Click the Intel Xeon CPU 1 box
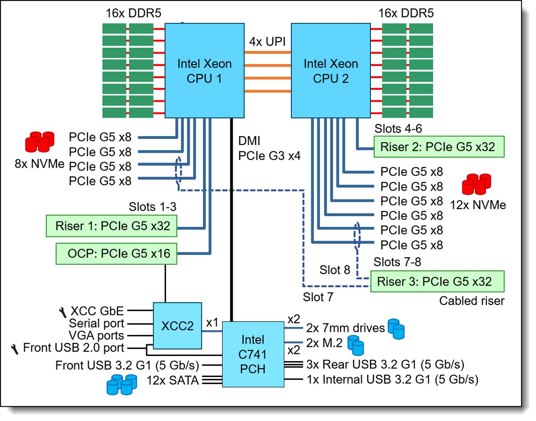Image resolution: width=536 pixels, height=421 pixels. tap(204, 71)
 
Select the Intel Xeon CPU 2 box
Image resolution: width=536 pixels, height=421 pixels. tap(331, 71)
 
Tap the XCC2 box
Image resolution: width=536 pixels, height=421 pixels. tap(177, 326)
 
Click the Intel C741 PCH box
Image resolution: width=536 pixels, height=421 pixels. tap(253, 354)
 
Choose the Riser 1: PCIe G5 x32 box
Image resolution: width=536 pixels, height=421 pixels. tap(112, 226)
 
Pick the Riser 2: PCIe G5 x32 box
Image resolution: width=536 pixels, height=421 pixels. tap(439, 147)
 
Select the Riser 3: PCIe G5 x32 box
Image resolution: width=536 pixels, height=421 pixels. tap(437, 281)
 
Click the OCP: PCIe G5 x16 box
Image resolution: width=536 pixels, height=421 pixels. tap(116, 254)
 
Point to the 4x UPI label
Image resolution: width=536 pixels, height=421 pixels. tap(267, 42)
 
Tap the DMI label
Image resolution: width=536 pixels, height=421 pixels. tap(249, 141)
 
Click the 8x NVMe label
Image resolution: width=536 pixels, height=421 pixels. tap(39, 164)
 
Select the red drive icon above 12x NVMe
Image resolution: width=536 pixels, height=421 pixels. tap(476, 184)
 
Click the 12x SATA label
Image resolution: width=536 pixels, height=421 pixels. tap(173, 380)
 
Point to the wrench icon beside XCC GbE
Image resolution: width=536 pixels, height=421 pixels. tap(63, 312)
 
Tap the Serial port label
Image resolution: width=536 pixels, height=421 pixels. tap(97, 323)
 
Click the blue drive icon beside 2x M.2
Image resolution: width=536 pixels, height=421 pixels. tap(355, 345)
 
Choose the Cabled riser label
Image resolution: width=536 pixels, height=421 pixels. tap(472, 301)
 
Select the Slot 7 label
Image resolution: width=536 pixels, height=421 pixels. tap(318, 297)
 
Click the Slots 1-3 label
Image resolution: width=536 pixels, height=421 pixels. tap(152, 207)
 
